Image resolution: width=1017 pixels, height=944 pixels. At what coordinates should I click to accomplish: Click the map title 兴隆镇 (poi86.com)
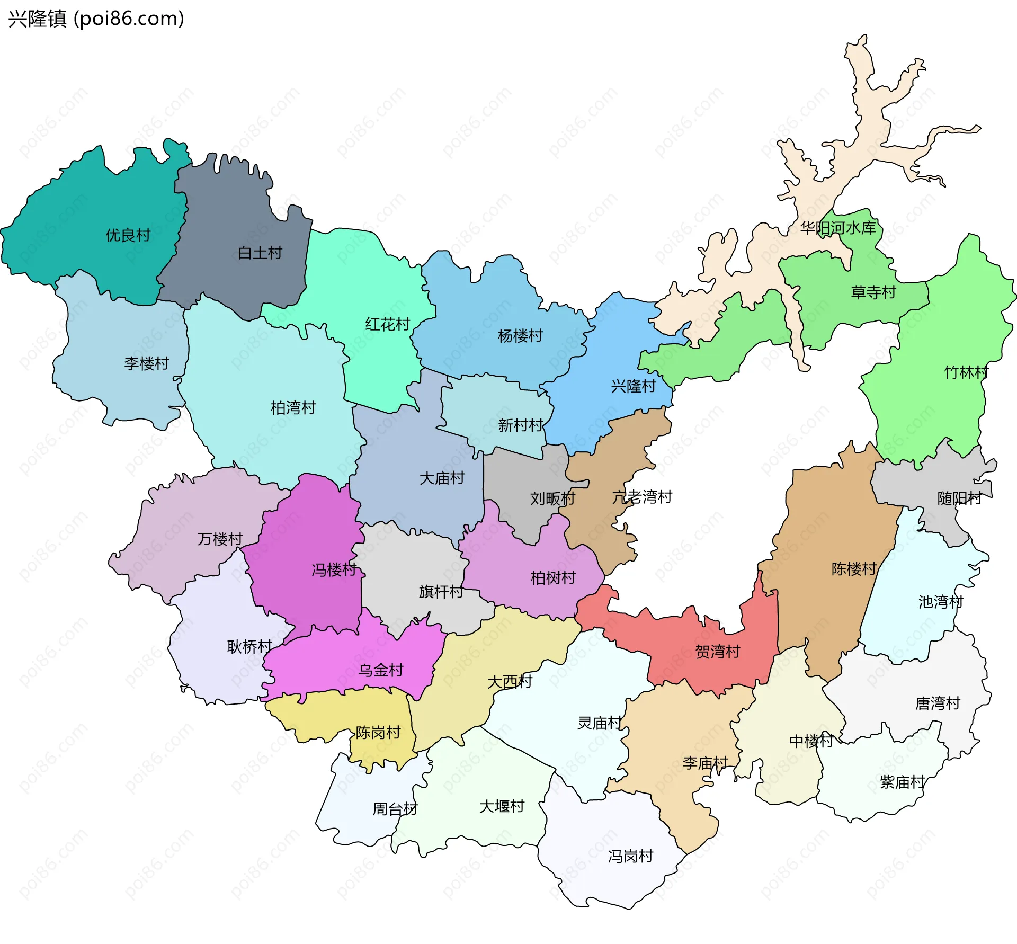[x=96, y=19]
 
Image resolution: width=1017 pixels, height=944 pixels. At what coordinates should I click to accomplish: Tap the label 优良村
[x=128, y=235]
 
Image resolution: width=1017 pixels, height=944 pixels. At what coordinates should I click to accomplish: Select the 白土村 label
[x=260, y=253]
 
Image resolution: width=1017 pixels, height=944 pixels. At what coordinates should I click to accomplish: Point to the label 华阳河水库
[x=838, y=228]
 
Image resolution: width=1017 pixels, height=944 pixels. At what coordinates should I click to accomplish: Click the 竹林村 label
[x=966, y=373]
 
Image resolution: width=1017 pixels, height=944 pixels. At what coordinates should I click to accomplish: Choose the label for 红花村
[x=387, y=324]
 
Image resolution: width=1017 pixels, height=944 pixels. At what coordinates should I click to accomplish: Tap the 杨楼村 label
[x=520, y=336]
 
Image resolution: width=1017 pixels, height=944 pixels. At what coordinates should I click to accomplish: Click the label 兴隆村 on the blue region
[x=634, y=386]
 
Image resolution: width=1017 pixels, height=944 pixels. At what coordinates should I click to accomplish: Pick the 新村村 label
[x=520, y=425]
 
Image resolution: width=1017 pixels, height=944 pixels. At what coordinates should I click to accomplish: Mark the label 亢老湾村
[x=642, y=497]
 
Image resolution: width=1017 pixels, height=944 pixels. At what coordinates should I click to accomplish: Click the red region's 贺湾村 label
[x=717, y=652]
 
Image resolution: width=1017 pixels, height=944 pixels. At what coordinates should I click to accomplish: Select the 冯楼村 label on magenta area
[x=334, y=570]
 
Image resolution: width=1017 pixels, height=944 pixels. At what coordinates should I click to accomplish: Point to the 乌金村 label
[x=381, y=671]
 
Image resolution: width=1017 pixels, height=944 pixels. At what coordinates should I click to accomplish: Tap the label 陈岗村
[x=378, y=733]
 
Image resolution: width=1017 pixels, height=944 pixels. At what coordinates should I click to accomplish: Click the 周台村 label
[x=395, y=809]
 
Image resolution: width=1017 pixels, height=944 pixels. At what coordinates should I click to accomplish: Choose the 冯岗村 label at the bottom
[x=630, y=856]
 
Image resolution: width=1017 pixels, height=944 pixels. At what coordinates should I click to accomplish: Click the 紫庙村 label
[x=903, y=782]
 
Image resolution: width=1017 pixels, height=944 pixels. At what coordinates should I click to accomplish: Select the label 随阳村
[x=959, y=498]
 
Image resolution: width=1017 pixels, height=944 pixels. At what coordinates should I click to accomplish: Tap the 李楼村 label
[x=146, y=363]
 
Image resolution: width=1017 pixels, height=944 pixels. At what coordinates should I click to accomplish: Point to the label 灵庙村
[x=599, y=723]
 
